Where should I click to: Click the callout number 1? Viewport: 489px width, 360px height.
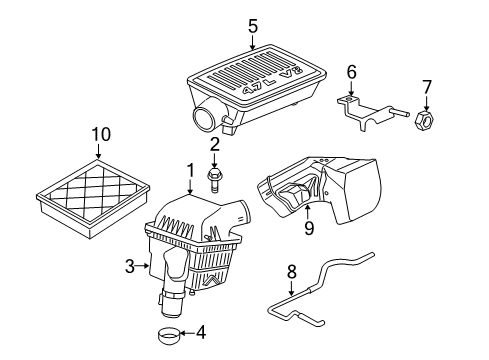click(190, 171)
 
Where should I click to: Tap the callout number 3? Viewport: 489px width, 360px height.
click(129, 265)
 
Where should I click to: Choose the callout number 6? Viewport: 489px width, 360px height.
click(351, 72)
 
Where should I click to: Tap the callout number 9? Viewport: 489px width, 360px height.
click(309, 227)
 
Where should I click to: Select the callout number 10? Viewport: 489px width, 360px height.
click(98, 134)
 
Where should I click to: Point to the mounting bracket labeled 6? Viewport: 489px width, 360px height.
click(360, 110)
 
